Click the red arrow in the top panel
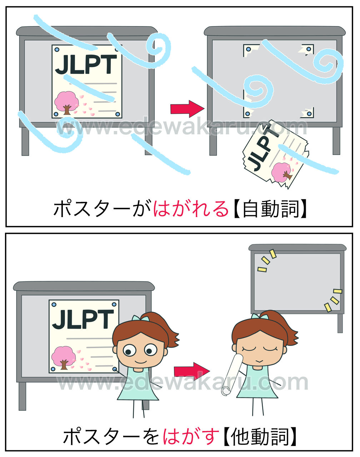[187, 109]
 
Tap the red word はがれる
[191, 209]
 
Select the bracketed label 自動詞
[270, 209]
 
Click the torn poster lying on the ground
[276, 154]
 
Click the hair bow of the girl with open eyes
[140, 318]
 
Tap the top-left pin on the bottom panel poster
[54, 305]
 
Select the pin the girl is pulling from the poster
[115, 369]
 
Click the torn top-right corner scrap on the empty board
[306, 50]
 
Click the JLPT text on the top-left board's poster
[86, 64]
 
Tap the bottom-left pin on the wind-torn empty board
[247, 114]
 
